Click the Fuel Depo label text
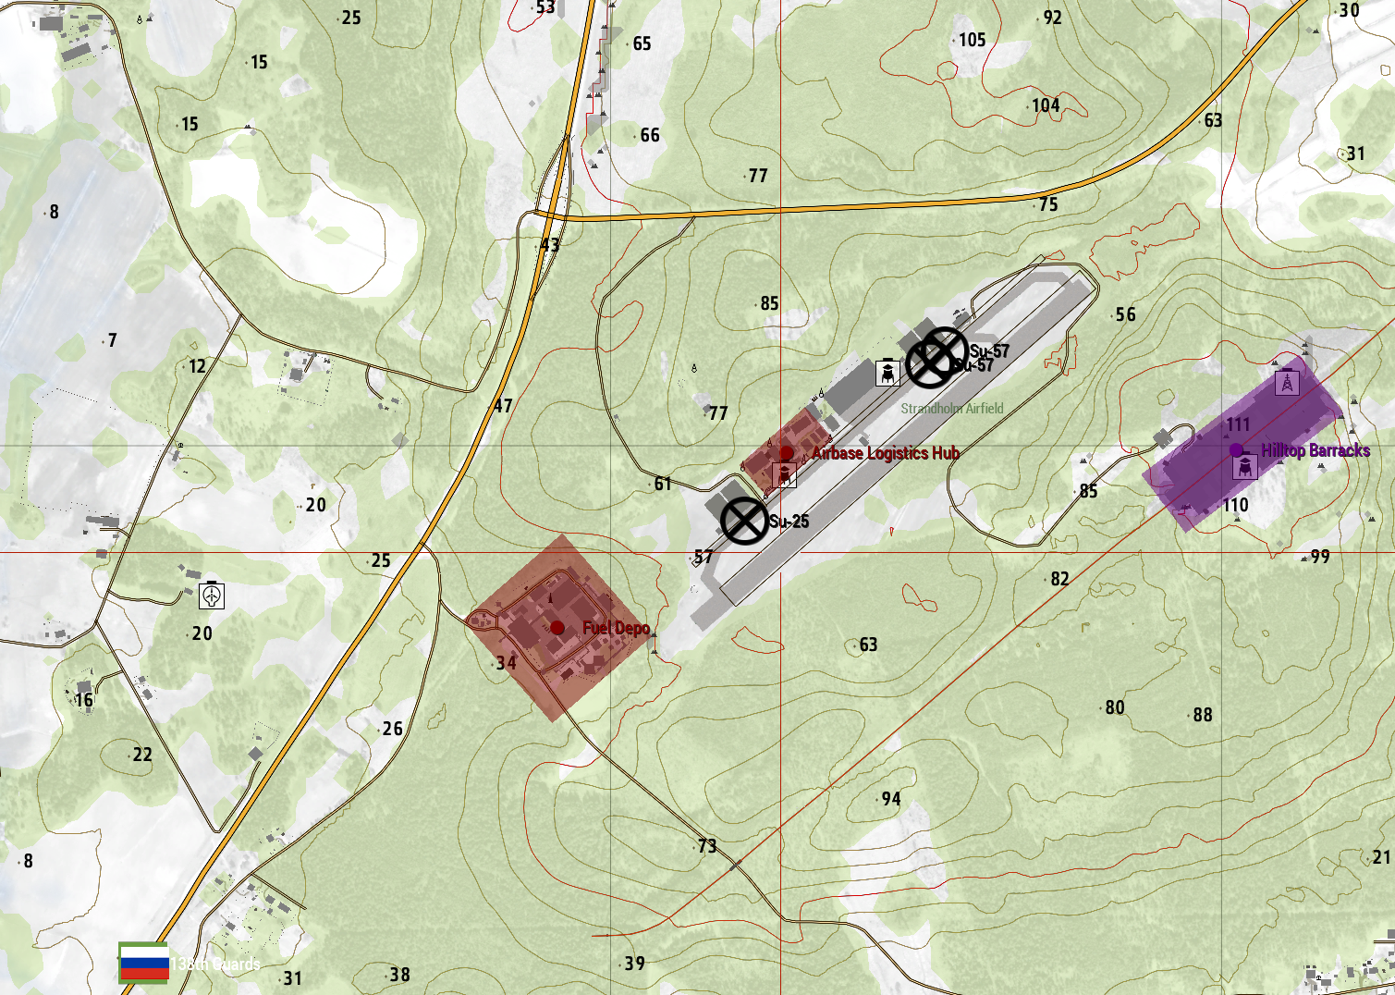click(x=616, y=629)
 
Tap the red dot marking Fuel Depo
click(x=557, y=628)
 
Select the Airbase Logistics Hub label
click(x=886, y=453)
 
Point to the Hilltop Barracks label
click(x=1315, y=450)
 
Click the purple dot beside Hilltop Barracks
click(x=1236, y=450)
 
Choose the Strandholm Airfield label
click(x=952, y=409)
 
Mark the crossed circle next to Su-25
click(x=743, y=521)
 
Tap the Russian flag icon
click(x=144, y=963)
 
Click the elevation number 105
click(x=972, y=40)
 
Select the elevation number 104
click(x=1046, y=105)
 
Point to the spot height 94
click(x=890, y=799)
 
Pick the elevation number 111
click(x=1238, y=424)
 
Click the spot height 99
click(x=1320, y=557)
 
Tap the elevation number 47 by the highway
click(x=502, y=406)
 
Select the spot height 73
click(x=707, y=846)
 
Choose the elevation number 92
click(x=1052, y=18)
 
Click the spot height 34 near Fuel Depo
click(x=506, y=663)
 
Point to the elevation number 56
click(x=1125, y=314)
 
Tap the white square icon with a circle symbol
click(x=212, y=596)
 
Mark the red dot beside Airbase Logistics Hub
click(x=786, y=453)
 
